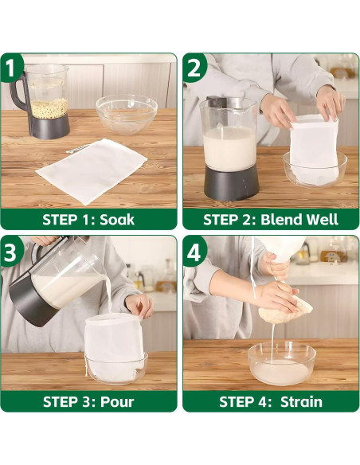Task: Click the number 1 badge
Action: point(10,68)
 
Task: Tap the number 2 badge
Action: point(194,68)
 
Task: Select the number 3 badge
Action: point(10,251)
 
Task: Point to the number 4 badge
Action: point(194,251)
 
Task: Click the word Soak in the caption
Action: point(117,220)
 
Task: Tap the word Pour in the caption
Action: point(117,402)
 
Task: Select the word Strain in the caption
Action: point(301,402)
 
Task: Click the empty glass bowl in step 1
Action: point(127,114)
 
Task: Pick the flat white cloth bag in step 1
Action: point(92,170)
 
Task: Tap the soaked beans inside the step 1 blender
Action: point(49,108)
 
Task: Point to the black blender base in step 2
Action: point(232,182)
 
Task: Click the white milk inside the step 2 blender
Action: point(230,148)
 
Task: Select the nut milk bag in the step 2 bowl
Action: point(314,150)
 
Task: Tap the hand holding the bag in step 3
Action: point(139,306)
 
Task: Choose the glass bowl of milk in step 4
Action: point(282,363)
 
